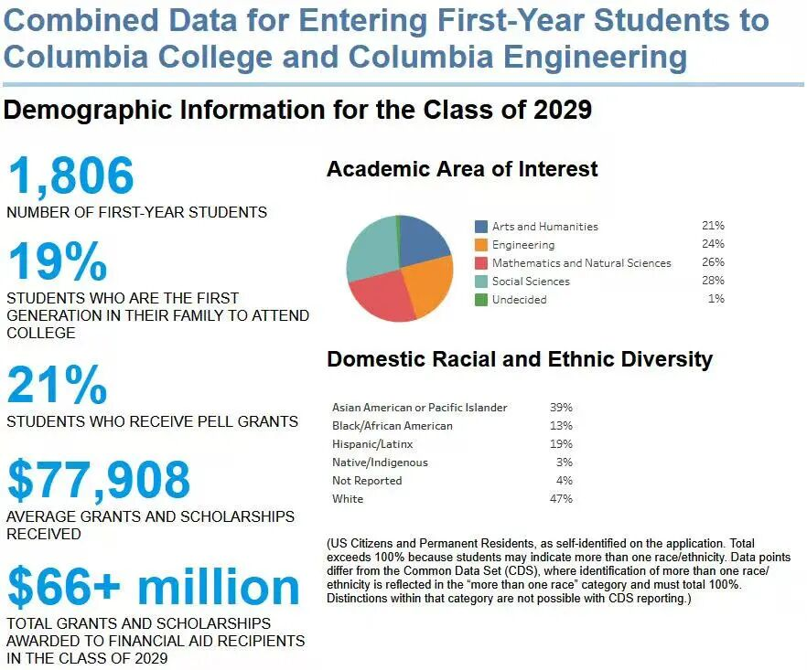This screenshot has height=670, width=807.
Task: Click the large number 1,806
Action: click(x=70, y=175)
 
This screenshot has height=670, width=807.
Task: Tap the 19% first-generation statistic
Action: click(x=57, y=262)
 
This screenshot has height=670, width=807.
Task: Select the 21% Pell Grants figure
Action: click(x=57, y=386)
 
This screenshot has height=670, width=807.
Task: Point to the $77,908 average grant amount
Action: click(x=99, y=480)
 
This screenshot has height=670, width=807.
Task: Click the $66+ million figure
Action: click(x=153, y=589)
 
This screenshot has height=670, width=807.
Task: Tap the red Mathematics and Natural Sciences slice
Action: click(x=380, y=297)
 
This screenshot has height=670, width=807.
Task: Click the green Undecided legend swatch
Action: click(x=481, y=300)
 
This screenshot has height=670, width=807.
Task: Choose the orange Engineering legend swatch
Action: click(x=481, y=245)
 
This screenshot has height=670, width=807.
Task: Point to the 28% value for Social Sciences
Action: click(x=713, y=281)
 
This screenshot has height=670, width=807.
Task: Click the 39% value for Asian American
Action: click(x=561, y=408)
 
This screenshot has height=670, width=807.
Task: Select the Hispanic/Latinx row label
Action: click(x=372, y=444)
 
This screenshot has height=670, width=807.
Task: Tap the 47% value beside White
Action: click(x=561, y=499)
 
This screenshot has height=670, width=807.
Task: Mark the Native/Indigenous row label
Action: click(x=380, y=463)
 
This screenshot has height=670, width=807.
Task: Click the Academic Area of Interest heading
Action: click(x=462, y=169)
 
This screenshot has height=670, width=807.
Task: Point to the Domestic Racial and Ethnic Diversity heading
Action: click(x=519, y=359)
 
